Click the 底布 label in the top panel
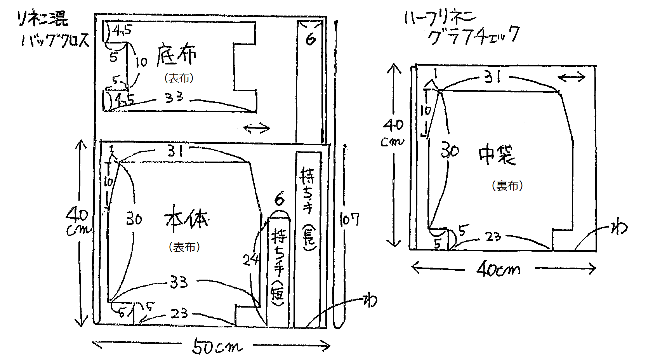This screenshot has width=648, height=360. [x=177, y=56]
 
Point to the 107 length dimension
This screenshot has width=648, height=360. [x=349, y=219]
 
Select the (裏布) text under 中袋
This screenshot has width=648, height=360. [x=507, y=186]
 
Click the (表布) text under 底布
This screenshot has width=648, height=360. [x=179, y=78]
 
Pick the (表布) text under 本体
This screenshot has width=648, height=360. [x=184, y=247]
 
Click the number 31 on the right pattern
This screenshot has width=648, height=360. [x=493, y=78]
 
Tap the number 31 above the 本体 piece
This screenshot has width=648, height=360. [x=175, y=151]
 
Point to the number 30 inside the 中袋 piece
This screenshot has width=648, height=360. [x=450, y=150]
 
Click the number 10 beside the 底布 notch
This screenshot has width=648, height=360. [x=141, y=62]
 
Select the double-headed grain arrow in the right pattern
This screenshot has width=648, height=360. [x=572, y=77]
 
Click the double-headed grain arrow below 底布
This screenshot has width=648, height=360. [x=256, y=127]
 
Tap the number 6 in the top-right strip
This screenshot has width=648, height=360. [x=310, y=39]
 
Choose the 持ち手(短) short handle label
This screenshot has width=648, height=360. [x=279, y=268]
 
